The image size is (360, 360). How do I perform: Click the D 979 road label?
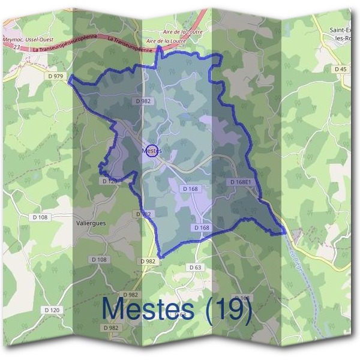(x=55, y=76)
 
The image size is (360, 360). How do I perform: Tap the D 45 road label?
(x=340, y=70)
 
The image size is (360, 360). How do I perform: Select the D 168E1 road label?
(x=244, y=181)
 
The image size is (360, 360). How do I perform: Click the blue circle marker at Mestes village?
(x=151, y=151)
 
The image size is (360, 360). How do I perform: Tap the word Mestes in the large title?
(x=148, y=309)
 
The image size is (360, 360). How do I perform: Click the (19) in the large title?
(x=227, y=309)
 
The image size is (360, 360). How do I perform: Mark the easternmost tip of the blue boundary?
(x=284, y=232)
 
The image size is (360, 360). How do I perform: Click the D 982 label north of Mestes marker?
(x=143, y=101)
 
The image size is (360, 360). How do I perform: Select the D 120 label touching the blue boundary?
(x=109, y=181)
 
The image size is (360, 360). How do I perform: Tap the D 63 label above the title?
(x=194, y=267)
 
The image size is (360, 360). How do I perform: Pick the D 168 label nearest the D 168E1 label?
(x=190, y=189)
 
